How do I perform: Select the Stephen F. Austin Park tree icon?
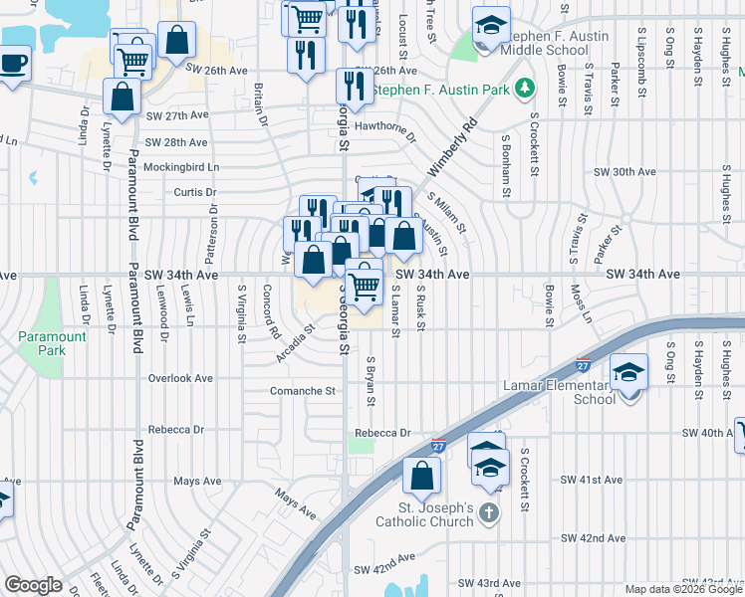(525, 91)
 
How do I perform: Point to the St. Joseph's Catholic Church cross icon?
(488, 511)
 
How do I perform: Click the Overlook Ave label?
(180, 378)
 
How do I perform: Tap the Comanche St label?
(303, 391)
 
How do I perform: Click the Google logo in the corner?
(33, 585)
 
